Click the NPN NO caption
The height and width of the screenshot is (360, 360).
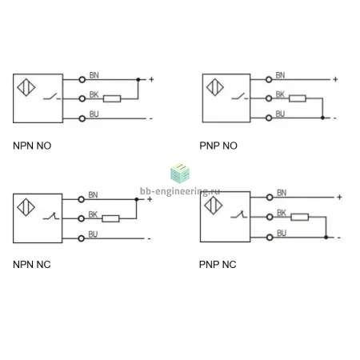click(x=32, y=146)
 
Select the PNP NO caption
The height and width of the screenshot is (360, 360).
click(x=218, y=146)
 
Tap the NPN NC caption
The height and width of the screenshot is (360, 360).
click(x=32, y=265)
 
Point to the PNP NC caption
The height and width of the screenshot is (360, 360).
click(x=218, y=265)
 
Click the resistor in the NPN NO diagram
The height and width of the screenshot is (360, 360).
click(x=112, y=98)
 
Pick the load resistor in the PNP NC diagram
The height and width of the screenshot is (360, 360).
click(x=300, y=217)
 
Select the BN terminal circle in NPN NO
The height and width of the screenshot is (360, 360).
click(x=82, y=79)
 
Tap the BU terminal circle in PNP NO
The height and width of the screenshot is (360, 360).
click(x=269, y=118)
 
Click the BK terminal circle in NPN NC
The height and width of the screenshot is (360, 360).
click(x=82, y=218)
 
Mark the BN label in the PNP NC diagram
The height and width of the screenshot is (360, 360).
click(x=282, y=193)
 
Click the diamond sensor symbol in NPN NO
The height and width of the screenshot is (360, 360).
click(x=26, y=87)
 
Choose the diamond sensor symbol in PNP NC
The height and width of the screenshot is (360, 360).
click(x=214, y=206)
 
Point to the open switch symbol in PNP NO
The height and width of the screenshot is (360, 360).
click(x=240, y=97)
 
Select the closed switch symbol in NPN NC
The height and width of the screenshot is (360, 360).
click(x=51, y=216)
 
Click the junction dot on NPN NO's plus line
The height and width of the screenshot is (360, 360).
click(x=138, y=79)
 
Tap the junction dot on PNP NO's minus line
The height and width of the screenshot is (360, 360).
click(x=322, y=118)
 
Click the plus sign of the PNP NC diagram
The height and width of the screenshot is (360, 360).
click(x=339, y=197)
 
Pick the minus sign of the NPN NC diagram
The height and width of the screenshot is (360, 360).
click(x=150, y=238)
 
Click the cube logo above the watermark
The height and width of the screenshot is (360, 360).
click(x=180, y=174)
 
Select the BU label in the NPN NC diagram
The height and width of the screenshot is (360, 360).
click(x=93, y=234)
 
